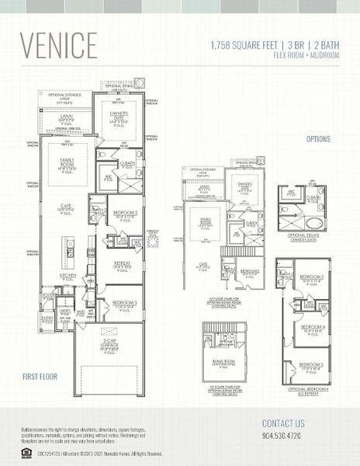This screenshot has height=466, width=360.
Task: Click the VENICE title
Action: click(x=59, y=46)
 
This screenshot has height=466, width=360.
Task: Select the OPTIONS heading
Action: click(x=318, y=140)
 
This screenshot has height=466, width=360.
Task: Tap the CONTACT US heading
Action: click(x=283, y=423)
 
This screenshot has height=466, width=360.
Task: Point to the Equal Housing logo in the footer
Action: click(x=26, y=453)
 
